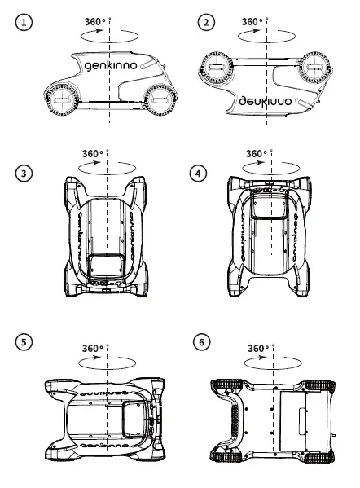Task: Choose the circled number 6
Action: click(x=202, y=342)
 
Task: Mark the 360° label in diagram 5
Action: click(x=93, y=349)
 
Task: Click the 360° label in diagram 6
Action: click(x=258, y=348)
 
